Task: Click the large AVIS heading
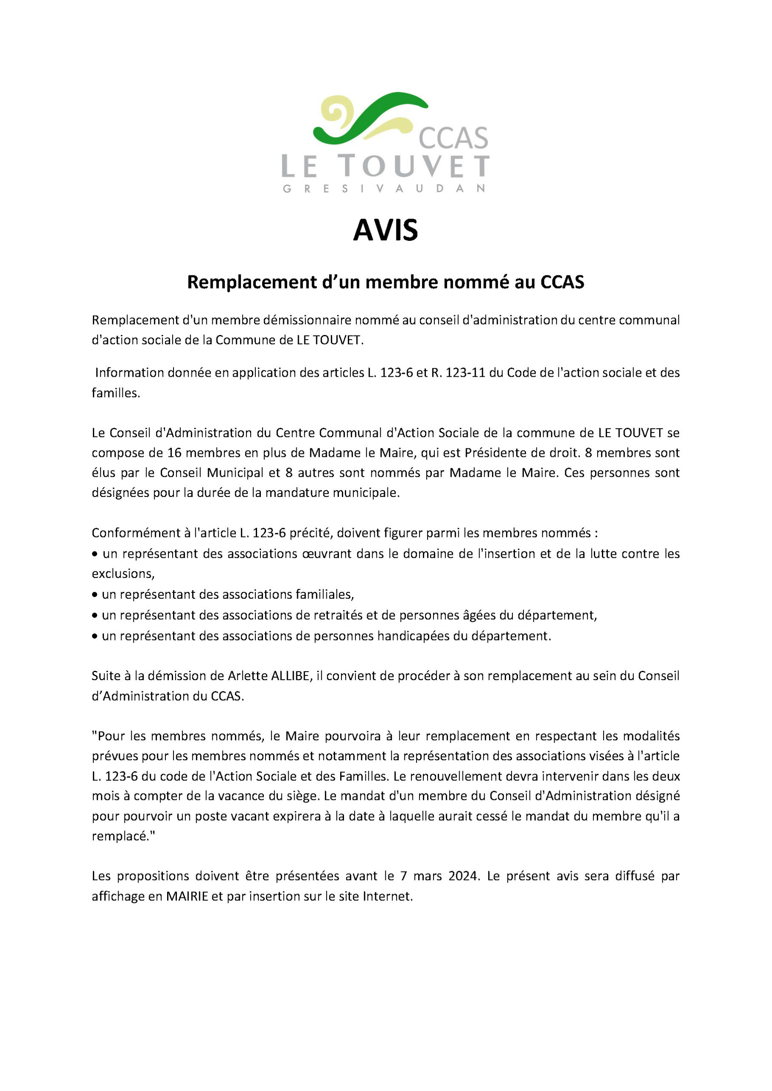[385, 231]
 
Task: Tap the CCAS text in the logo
[453, 138]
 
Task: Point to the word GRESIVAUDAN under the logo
[384, 189]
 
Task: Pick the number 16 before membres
[174, 453]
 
